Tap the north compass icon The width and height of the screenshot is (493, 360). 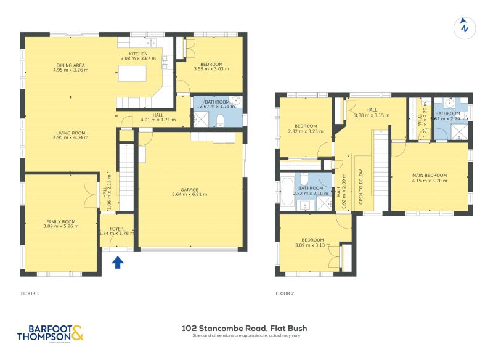(464, 27)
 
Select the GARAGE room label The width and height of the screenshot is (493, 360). (189, 190)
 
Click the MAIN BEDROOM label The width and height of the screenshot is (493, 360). (430, 176)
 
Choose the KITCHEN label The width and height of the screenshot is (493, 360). (138, 54)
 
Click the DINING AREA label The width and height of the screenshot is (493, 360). (70, 65)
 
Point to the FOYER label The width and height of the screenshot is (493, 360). (116, 228)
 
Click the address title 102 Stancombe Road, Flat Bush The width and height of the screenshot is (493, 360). (245, 329)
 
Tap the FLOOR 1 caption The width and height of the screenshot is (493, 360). (30, 293)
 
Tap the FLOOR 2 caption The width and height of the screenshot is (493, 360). (285, 293)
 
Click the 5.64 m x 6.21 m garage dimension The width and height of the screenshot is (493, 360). (189, 195)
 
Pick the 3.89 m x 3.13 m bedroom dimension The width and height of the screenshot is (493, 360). (312, 245)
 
